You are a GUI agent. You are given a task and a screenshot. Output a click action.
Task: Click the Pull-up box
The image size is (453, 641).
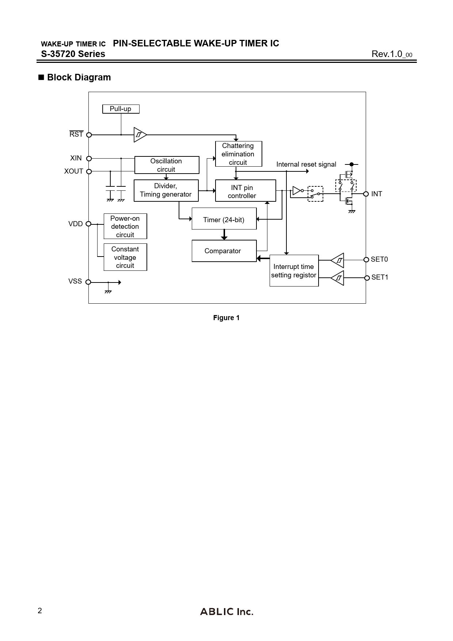(121, 109)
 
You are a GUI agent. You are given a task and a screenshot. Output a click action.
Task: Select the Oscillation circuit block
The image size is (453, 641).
(167, 165)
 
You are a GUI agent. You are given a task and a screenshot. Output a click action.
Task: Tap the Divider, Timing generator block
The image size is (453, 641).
(166, 190)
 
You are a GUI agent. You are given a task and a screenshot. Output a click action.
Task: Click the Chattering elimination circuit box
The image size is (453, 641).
(238, 154)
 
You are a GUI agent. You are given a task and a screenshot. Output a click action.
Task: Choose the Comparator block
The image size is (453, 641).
(224, 251)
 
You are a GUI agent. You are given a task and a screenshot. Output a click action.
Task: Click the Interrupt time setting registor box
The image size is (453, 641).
(294, 271)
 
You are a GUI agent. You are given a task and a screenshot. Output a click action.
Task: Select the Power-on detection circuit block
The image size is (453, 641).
(125, 227)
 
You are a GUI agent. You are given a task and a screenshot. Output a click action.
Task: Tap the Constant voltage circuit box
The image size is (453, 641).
(125, 257)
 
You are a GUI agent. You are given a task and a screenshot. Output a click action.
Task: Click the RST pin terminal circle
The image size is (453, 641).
(89, 135)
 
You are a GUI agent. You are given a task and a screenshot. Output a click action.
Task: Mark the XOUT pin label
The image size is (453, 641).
(74, 171)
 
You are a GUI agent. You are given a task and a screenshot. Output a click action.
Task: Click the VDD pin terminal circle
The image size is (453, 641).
(88, 224)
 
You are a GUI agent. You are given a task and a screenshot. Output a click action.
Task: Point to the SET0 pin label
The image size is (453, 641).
(379, 259)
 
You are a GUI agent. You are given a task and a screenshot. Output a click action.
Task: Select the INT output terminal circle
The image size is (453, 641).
(366, 194)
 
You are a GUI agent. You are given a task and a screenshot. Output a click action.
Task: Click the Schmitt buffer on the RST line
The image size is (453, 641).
(140, 135)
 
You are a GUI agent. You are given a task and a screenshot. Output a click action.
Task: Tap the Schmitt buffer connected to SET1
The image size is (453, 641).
(338, 278)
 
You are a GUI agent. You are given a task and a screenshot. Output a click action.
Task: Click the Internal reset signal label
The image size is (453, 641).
(306, 164)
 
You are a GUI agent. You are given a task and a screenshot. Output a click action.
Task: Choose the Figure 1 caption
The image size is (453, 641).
(226, 318)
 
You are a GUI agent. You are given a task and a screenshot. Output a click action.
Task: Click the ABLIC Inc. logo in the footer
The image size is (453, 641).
(226, 612)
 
